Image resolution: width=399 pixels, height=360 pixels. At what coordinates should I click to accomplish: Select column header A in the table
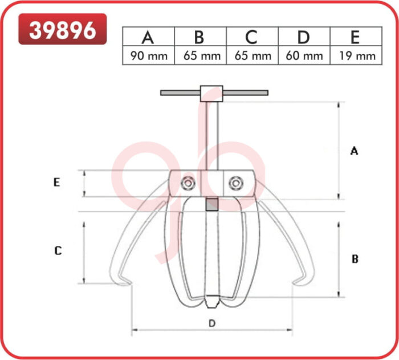pos(148,38)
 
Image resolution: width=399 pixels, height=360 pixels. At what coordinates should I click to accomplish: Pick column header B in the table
pos(199,38)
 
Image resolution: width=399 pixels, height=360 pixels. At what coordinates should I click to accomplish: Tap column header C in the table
pos(251,38)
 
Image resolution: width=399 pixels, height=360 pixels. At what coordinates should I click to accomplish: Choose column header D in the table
pos(303,38)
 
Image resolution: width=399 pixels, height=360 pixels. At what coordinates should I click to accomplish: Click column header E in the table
pos(355,38)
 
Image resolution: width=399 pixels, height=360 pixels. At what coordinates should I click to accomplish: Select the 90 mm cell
pos(148,56)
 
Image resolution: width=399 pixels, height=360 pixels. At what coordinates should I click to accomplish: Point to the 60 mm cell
pos(303,56)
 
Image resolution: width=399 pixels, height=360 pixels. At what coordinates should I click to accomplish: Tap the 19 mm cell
pos(355,56)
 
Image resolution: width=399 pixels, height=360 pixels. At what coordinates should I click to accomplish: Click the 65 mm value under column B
pos(199,56)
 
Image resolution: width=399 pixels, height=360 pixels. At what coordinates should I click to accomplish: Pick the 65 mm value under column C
pos(251,56)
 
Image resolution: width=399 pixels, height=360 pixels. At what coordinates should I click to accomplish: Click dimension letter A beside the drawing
pos(354,151)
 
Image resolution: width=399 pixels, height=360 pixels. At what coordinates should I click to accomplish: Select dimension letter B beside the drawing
pos(355,258)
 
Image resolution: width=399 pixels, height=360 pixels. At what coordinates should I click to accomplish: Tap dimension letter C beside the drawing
pos(58,250)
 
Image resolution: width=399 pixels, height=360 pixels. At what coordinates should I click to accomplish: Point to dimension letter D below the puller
pos(212,323)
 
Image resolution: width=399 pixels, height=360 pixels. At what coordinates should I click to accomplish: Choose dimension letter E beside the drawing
pos(56,183)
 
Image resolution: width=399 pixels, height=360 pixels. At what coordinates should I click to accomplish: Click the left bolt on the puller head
pos(188,183)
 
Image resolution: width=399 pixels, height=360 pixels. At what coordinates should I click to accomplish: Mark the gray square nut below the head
pos(212,204)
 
